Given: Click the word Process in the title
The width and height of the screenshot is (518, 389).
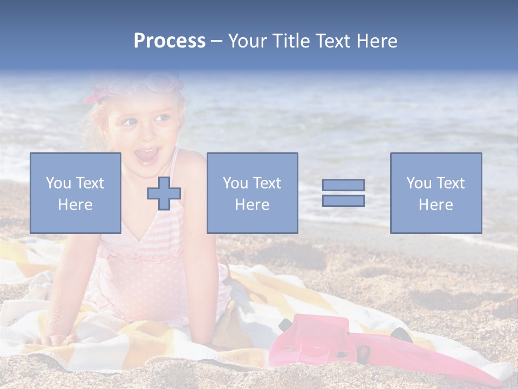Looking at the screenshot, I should coord(169,41).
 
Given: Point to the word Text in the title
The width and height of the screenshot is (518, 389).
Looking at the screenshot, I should coord(333,41).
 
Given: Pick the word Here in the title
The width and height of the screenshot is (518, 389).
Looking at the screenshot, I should coord(377,41).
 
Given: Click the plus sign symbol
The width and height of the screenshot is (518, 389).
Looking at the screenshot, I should coord(164,193).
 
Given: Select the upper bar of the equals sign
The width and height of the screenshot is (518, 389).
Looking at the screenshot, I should coord(343,185).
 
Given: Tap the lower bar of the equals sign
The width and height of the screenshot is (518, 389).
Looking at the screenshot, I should coord(343,200).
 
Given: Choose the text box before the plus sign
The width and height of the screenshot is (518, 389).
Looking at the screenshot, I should coord(75,193).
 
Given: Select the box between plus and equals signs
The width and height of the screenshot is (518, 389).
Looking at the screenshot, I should coord(252,193).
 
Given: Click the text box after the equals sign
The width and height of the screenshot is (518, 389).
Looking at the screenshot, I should coord(435,193).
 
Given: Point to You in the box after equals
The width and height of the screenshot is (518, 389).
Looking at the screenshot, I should coord(419,183).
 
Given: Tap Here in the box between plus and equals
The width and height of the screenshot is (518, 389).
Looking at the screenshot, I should coord(252,205).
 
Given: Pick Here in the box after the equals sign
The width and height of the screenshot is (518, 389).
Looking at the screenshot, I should coord(435,205).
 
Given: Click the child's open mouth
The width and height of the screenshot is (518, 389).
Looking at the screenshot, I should coord(147,156).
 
